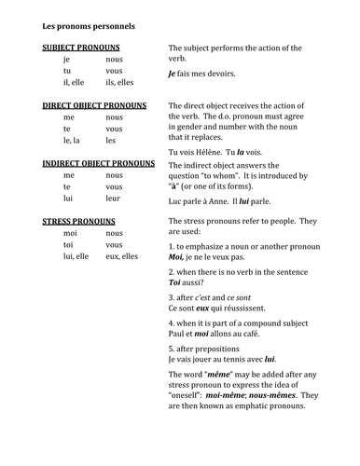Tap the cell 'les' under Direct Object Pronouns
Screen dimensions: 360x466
[111, 142]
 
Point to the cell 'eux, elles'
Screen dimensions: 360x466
[125, 256]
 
